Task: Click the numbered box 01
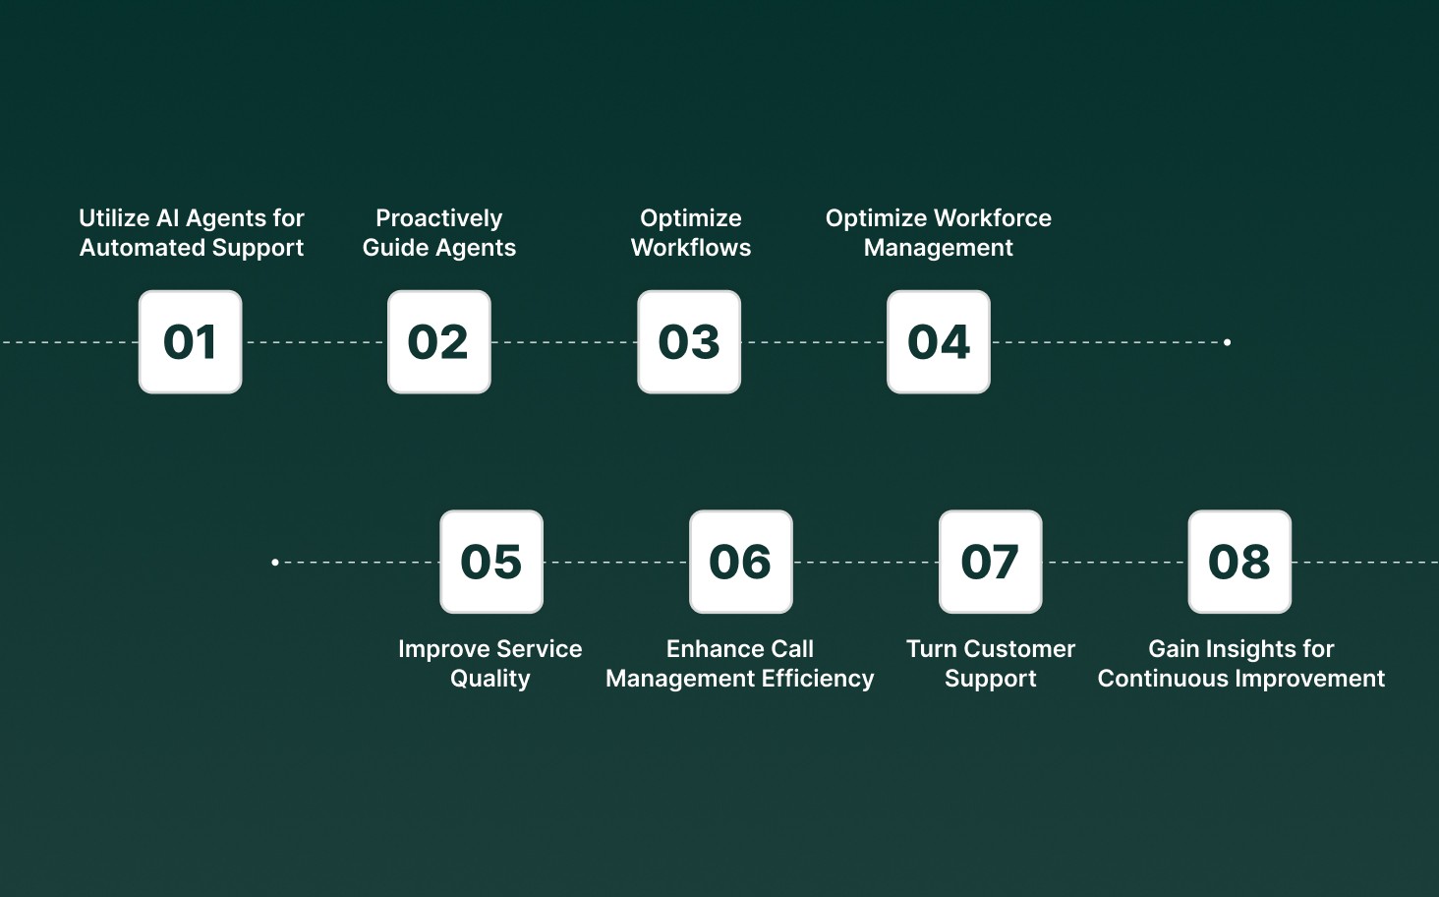190,342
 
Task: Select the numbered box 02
439,342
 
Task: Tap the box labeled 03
689,342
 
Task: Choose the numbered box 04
939,342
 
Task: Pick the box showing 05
491,562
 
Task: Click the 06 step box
741,562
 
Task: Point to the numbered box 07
990,562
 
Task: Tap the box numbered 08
1239,562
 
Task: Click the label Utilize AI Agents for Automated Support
192,233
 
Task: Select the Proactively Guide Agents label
439,233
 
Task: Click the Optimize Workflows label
691,233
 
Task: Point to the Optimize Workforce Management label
939,233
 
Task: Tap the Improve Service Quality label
490,664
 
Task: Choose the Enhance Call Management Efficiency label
740,664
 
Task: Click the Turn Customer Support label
991,664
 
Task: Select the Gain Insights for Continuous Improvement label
1241,664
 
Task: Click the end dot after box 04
1227,342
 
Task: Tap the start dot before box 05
275,563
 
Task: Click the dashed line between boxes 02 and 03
564,342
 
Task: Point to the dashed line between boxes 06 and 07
866,563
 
